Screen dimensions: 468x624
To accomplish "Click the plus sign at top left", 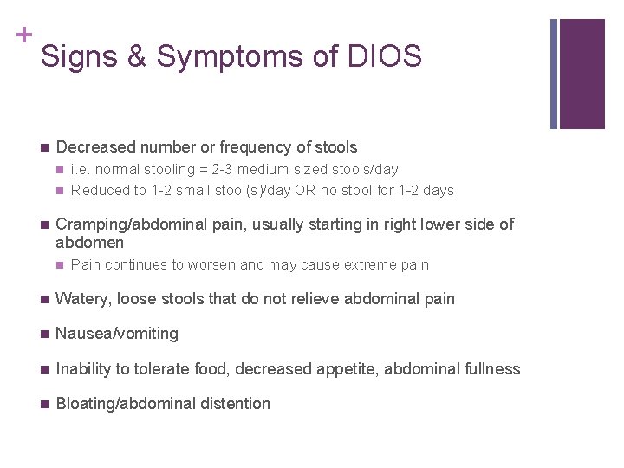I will click(x=23, y=35).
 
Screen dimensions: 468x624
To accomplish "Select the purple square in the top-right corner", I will click(x=581, y=73).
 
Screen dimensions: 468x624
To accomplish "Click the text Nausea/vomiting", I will click(x=117, y=334).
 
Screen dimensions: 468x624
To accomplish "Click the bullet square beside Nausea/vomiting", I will click(x=43, y=334).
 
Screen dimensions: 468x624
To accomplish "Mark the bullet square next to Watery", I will click(x=43, y=299).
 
